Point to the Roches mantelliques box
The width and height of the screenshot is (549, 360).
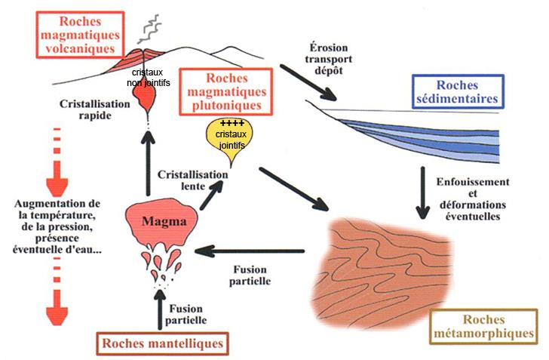161,343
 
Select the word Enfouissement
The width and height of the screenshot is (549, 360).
472,182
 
